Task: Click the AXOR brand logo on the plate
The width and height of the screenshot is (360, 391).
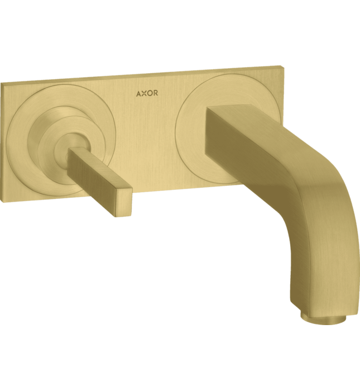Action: (147, 93)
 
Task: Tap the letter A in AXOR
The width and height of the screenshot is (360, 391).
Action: (138, 93)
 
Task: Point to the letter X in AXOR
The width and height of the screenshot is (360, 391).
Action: (143, 93)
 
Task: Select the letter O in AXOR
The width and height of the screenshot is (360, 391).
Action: (150, 93)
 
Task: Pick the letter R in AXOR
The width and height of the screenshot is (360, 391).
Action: (156, 93)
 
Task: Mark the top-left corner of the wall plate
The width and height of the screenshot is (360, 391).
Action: (2, 82)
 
